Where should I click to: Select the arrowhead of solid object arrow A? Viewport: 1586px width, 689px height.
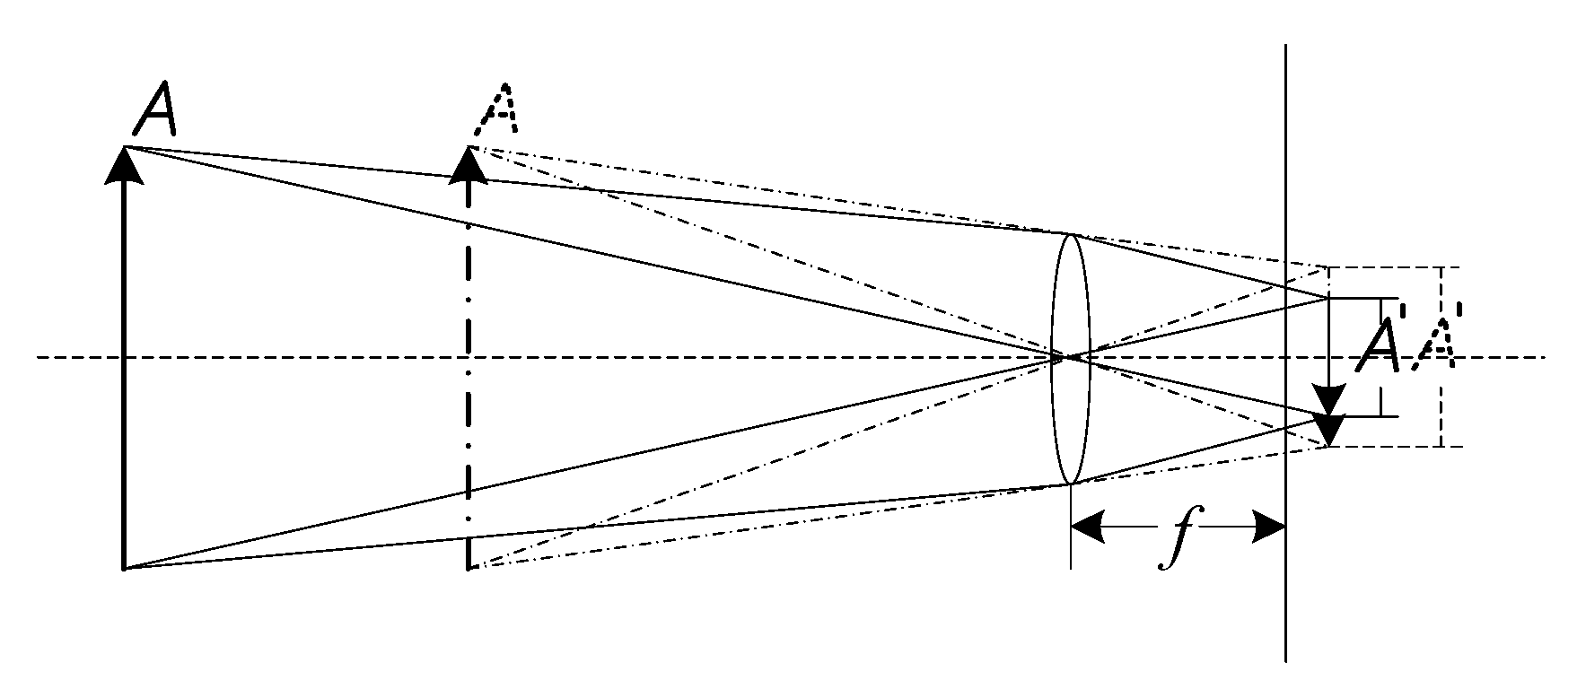(x=124, y=165)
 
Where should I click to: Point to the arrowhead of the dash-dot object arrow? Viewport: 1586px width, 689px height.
(x=468, y=165)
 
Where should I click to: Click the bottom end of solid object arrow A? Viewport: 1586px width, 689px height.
(x=124, y=567)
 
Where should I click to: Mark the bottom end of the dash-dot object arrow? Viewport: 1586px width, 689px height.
(x=468, y=567)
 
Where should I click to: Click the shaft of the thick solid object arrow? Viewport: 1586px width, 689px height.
(x=124, y=377)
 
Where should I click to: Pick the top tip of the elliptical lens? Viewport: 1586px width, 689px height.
(x=1070, y=234)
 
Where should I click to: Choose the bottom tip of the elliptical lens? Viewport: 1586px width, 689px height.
(x=1070, y=484)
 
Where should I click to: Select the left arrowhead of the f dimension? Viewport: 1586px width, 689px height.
(x=1087, y=528)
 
